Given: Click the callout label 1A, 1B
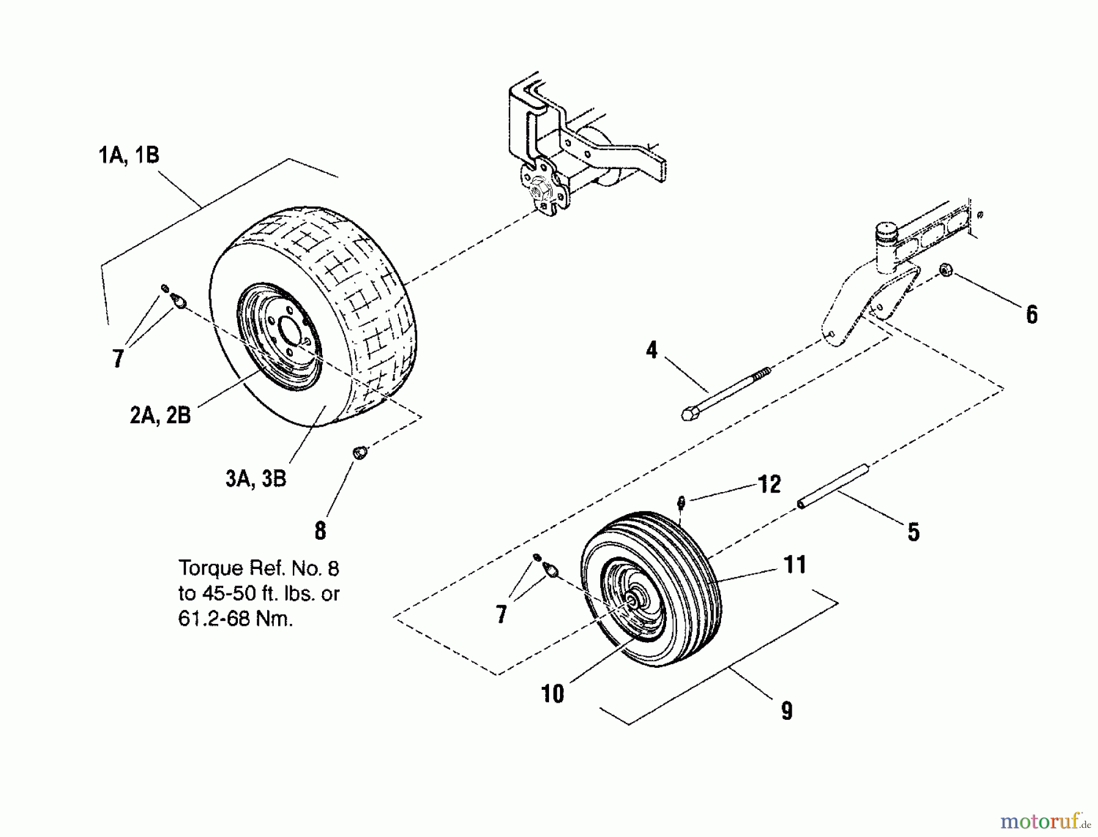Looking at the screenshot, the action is [129, 155].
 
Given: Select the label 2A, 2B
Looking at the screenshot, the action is [160, 415].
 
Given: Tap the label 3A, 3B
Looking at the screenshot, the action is [256, 479].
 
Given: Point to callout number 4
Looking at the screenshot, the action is [652, 350].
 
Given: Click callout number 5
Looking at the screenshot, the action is [913, 532].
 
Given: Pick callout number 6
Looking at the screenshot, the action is [1032, 315].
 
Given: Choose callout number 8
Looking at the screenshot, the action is [320, 531].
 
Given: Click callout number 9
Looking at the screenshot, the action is [787, 711].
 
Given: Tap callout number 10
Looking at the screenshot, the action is [553, 694].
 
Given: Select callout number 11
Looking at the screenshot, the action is [795, 565].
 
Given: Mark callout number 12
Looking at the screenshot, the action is [769, 484].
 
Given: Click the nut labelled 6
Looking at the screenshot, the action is [946, 269].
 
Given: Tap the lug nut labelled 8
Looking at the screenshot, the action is [361, 452].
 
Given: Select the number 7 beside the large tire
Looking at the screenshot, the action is [118, 358].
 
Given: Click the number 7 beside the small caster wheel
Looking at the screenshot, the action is [501, 614].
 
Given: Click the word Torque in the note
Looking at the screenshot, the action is [210, 569].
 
